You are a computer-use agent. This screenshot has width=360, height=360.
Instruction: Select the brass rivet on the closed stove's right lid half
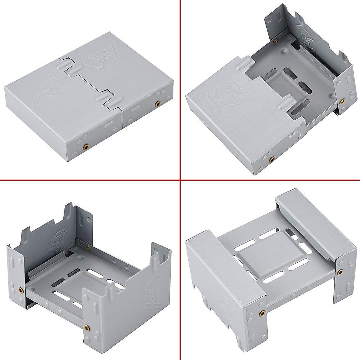tap(157, 103)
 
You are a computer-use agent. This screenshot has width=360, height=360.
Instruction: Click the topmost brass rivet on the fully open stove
tap(88, 247)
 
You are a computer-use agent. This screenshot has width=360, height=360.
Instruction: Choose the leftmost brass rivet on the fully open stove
tap(21, 290)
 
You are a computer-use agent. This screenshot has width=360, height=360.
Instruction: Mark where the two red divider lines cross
tap(180, 180)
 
